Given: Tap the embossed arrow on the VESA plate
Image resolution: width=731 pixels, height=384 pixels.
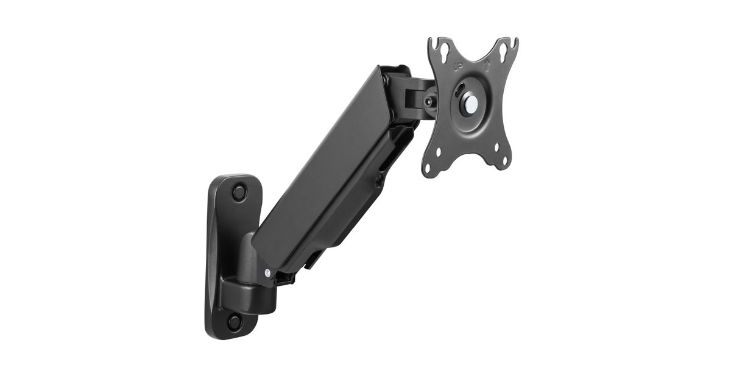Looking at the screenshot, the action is coord(487,66).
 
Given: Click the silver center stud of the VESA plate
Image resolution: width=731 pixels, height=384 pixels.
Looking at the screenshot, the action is coord(470,103).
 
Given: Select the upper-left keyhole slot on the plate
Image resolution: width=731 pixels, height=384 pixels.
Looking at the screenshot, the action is coord(444,50).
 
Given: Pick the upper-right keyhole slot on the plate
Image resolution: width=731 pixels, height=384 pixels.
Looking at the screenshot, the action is coord(503,49).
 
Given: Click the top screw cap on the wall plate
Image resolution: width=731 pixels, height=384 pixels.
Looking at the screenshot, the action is coord(239,192).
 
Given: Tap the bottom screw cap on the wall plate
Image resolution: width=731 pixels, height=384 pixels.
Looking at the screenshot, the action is coord(235,322).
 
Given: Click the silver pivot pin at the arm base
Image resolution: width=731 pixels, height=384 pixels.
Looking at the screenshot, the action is coord(267,272).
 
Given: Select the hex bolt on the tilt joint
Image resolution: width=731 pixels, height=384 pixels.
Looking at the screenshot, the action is coord(428,102).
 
